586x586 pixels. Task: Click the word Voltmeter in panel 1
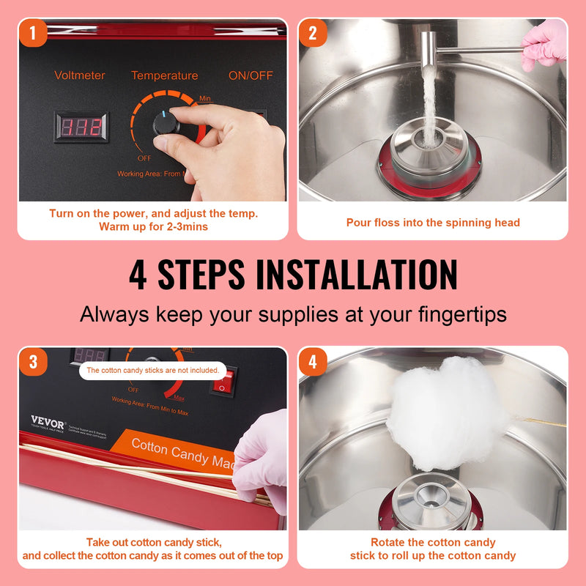pos(80,75)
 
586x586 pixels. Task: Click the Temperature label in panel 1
pos(164,75)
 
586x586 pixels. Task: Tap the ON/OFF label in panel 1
pos(251,75)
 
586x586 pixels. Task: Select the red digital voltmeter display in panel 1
pos(81,127)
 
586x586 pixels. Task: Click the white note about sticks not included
pos(152,371)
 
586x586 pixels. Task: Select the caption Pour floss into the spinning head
pos(432,223)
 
